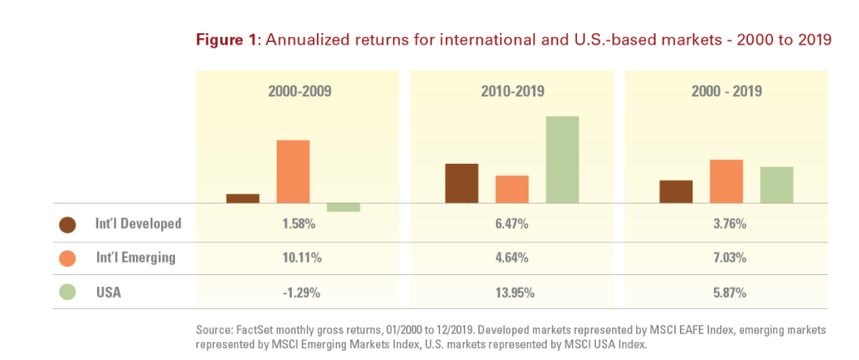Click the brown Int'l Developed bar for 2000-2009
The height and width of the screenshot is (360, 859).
(x=242, y=198)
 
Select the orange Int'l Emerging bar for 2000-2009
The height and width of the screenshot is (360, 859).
(x=293, y=171)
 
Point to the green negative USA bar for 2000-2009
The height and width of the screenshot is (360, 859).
(x=344, y=207)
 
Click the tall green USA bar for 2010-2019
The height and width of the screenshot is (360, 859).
(x=562, y=159)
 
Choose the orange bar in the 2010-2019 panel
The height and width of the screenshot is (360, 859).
(x=512, y=189)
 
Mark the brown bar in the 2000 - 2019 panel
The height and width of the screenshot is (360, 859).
(x=676, y=191)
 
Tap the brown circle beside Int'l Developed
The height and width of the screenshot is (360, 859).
(x=68, y=225)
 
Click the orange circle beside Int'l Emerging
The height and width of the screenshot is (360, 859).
(x=68, y=258)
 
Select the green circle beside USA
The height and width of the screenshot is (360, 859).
(x=68, y=292)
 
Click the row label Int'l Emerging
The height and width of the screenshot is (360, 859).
(x=136, y=258)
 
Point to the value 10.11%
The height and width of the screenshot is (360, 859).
(x=300, y=258)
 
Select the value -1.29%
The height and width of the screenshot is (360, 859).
(x=300, y=292)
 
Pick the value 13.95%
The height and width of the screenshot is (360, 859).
(x=512, y=292)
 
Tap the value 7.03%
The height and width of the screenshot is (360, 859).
(x=726, y=258)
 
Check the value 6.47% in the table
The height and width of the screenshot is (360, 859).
(x=512, y=224)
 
